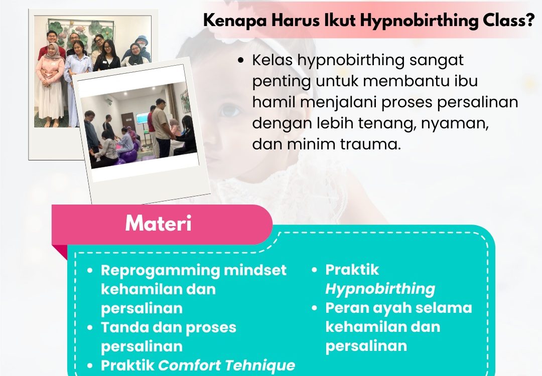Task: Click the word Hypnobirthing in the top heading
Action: [419, 21]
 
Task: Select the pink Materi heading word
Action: [158, 224]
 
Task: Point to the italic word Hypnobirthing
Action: [380, 289]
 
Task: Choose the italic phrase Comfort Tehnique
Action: [227, 365]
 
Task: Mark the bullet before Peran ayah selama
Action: [314, 308]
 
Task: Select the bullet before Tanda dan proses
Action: [90, 327]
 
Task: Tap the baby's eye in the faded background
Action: [229, 111]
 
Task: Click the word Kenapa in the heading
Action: [235, 21]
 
